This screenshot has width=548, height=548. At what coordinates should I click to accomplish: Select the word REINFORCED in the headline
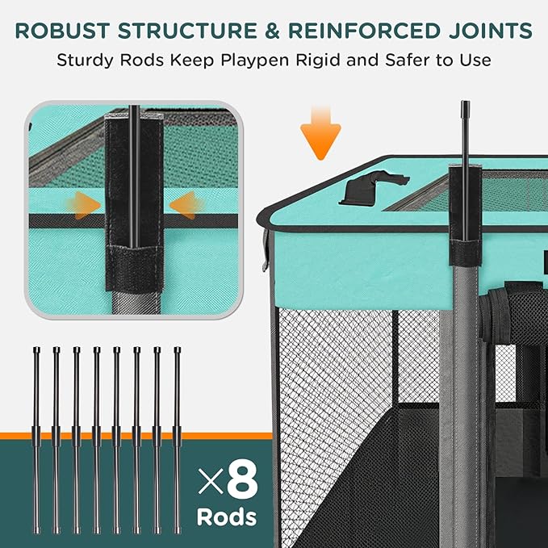click(369, 31)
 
